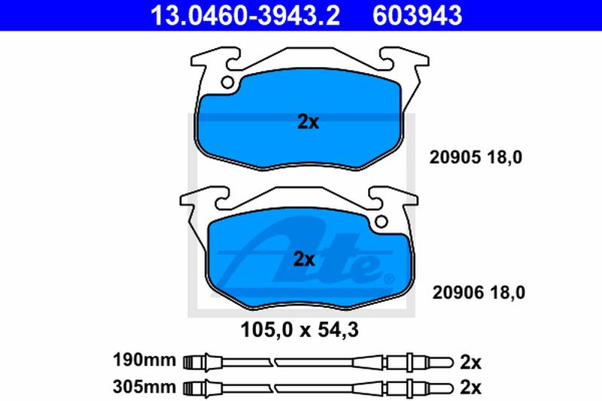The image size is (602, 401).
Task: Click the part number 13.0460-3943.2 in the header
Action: click(245, 15)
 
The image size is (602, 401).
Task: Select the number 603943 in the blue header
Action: click(417, 15)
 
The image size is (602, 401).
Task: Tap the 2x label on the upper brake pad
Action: click(308, 122)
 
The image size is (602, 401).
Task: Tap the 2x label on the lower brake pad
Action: click(304, 259)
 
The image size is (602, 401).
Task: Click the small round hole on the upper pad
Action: click(227, 82)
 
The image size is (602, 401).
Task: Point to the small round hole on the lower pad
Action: click(381, 221)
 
